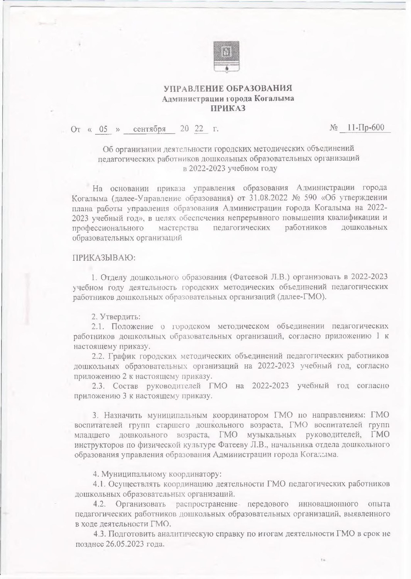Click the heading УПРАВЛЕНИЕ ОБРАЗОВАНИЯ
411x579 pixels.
tap(228, 89)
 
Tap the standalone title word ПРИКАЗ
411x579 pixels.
tap(228, 108)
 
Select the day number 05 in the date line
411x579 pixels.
tap(103, 129)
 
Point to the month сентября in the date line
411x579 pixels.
tap(149, 129)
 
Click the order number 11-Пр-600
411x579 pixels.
tap(365, 128)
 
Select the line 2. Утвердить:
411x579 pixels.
tap(116, 317)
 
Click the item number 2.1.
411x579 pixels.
tap(98, 327)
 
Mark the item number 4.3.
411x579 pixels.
tap(100, 534)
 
